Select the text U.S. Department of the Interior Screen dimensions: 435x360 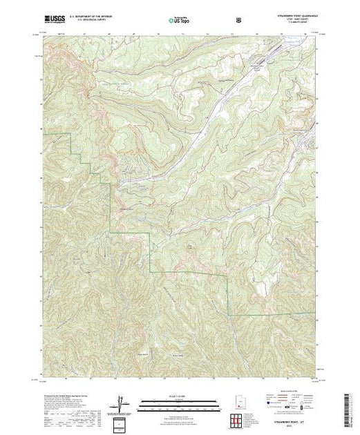(94, 15)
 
